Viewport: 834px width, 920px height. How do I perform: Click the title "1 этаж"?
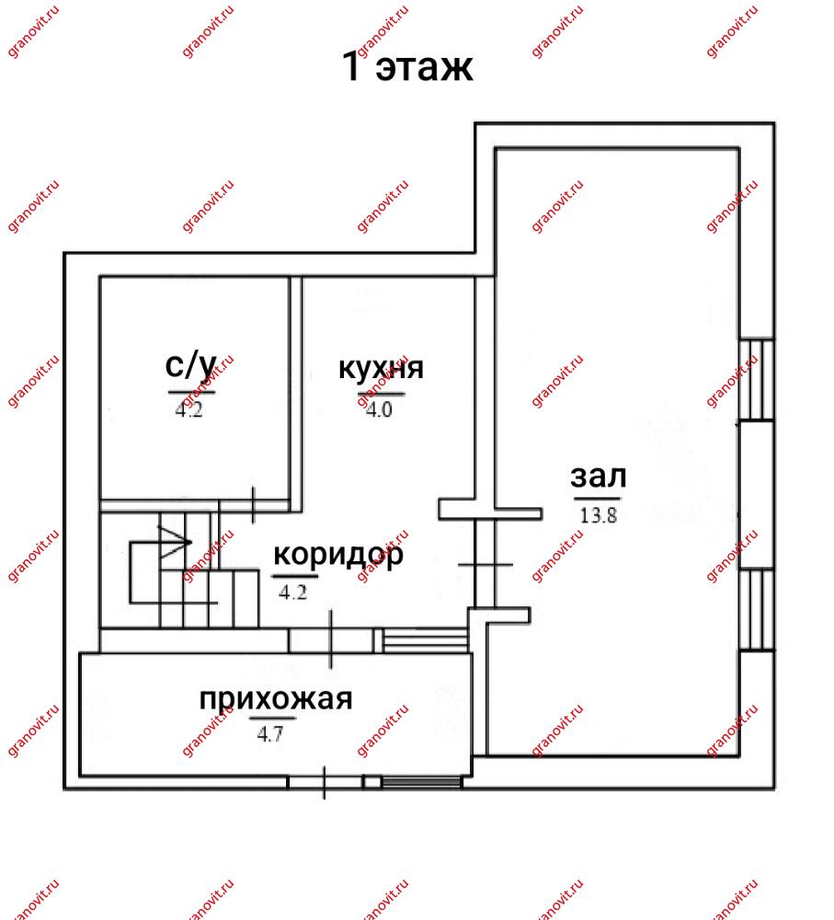point(407,65)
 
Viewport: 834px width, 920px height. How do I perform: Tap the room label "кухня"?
point(381,368)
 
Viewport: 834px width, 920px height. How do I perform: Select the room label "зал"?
point(599,476)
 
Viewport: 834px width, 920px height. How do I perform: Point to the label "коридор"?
point(338,555)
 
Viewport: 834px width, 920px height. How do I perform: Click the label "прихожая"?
point(276,698)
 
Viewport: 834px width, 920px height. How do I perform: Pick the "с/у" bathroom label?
point(191,365)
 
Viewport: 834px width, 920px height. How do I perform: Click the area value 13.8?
point(599,515)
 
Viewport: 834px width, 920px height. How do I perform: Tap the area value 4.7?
point(269,733)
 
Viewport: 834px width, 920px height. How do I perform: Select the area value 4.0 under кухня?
point(379,409)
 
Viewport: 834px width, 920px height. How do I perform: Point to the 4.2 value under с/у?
point(189,409)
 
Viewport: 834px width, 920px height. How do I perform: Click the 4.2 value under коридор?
point(292,592)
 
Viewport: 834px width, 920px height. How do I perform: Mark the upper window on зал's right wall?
point(757,380)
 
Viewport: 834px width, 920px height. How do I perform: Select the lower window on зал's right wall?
point(757,610)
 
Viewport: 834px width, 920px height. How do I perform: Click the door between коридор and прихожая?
point(331,640)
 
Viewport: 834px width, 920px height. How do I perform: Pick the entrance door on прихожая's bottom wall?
point(325,782)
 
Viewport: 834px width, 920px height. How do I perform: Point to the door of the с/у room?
point(254,505)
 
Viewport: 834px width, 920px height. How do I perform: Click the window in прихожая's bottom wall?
point(421,782)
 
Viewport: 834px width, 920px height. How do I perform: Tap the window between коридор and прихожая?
point(425,640)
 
